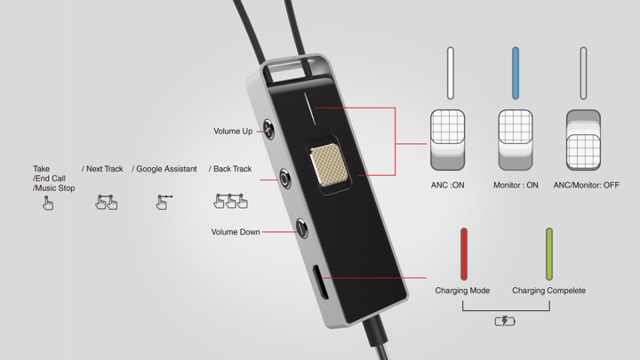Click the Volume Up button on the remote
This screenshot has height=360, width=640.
[268, 130]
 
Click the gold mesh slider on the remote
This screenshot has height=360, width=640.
[329, 165]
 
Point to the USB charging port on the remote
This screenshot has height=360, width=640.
[321, 282]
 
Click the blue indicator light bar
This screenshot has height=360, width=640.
[516, 73]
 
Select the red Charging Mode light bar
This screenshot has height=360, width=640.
[464, 254]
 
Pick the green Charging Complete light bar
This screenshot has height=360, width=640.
[549, 254]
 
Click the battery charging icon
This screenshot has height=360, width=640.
[505, 322]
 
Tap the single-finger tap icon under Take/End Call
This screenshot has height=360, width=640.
[47, 203]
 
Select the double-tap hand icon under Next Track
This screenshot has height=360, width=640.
[106, 202]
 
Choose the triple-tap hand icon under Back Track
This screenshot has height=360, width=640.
[230, 201]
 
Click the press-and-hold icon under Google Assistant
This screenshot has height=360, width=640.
[164, 202]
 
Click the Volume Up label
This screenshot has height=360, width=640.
[233, 132]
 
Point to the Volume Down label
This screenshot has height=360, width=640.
[236, 232]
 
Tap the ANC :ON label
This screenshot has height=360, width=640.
[448, 185]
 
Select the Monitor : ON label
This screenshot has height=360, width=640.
[516, 185]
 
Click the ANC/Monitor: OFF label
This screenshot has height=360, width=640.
[586, 185]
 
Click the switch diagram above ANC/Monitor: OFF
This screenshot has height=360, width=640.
[583, 140]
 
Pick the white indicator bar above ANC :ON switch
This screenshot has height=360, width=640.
[450, 73]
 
